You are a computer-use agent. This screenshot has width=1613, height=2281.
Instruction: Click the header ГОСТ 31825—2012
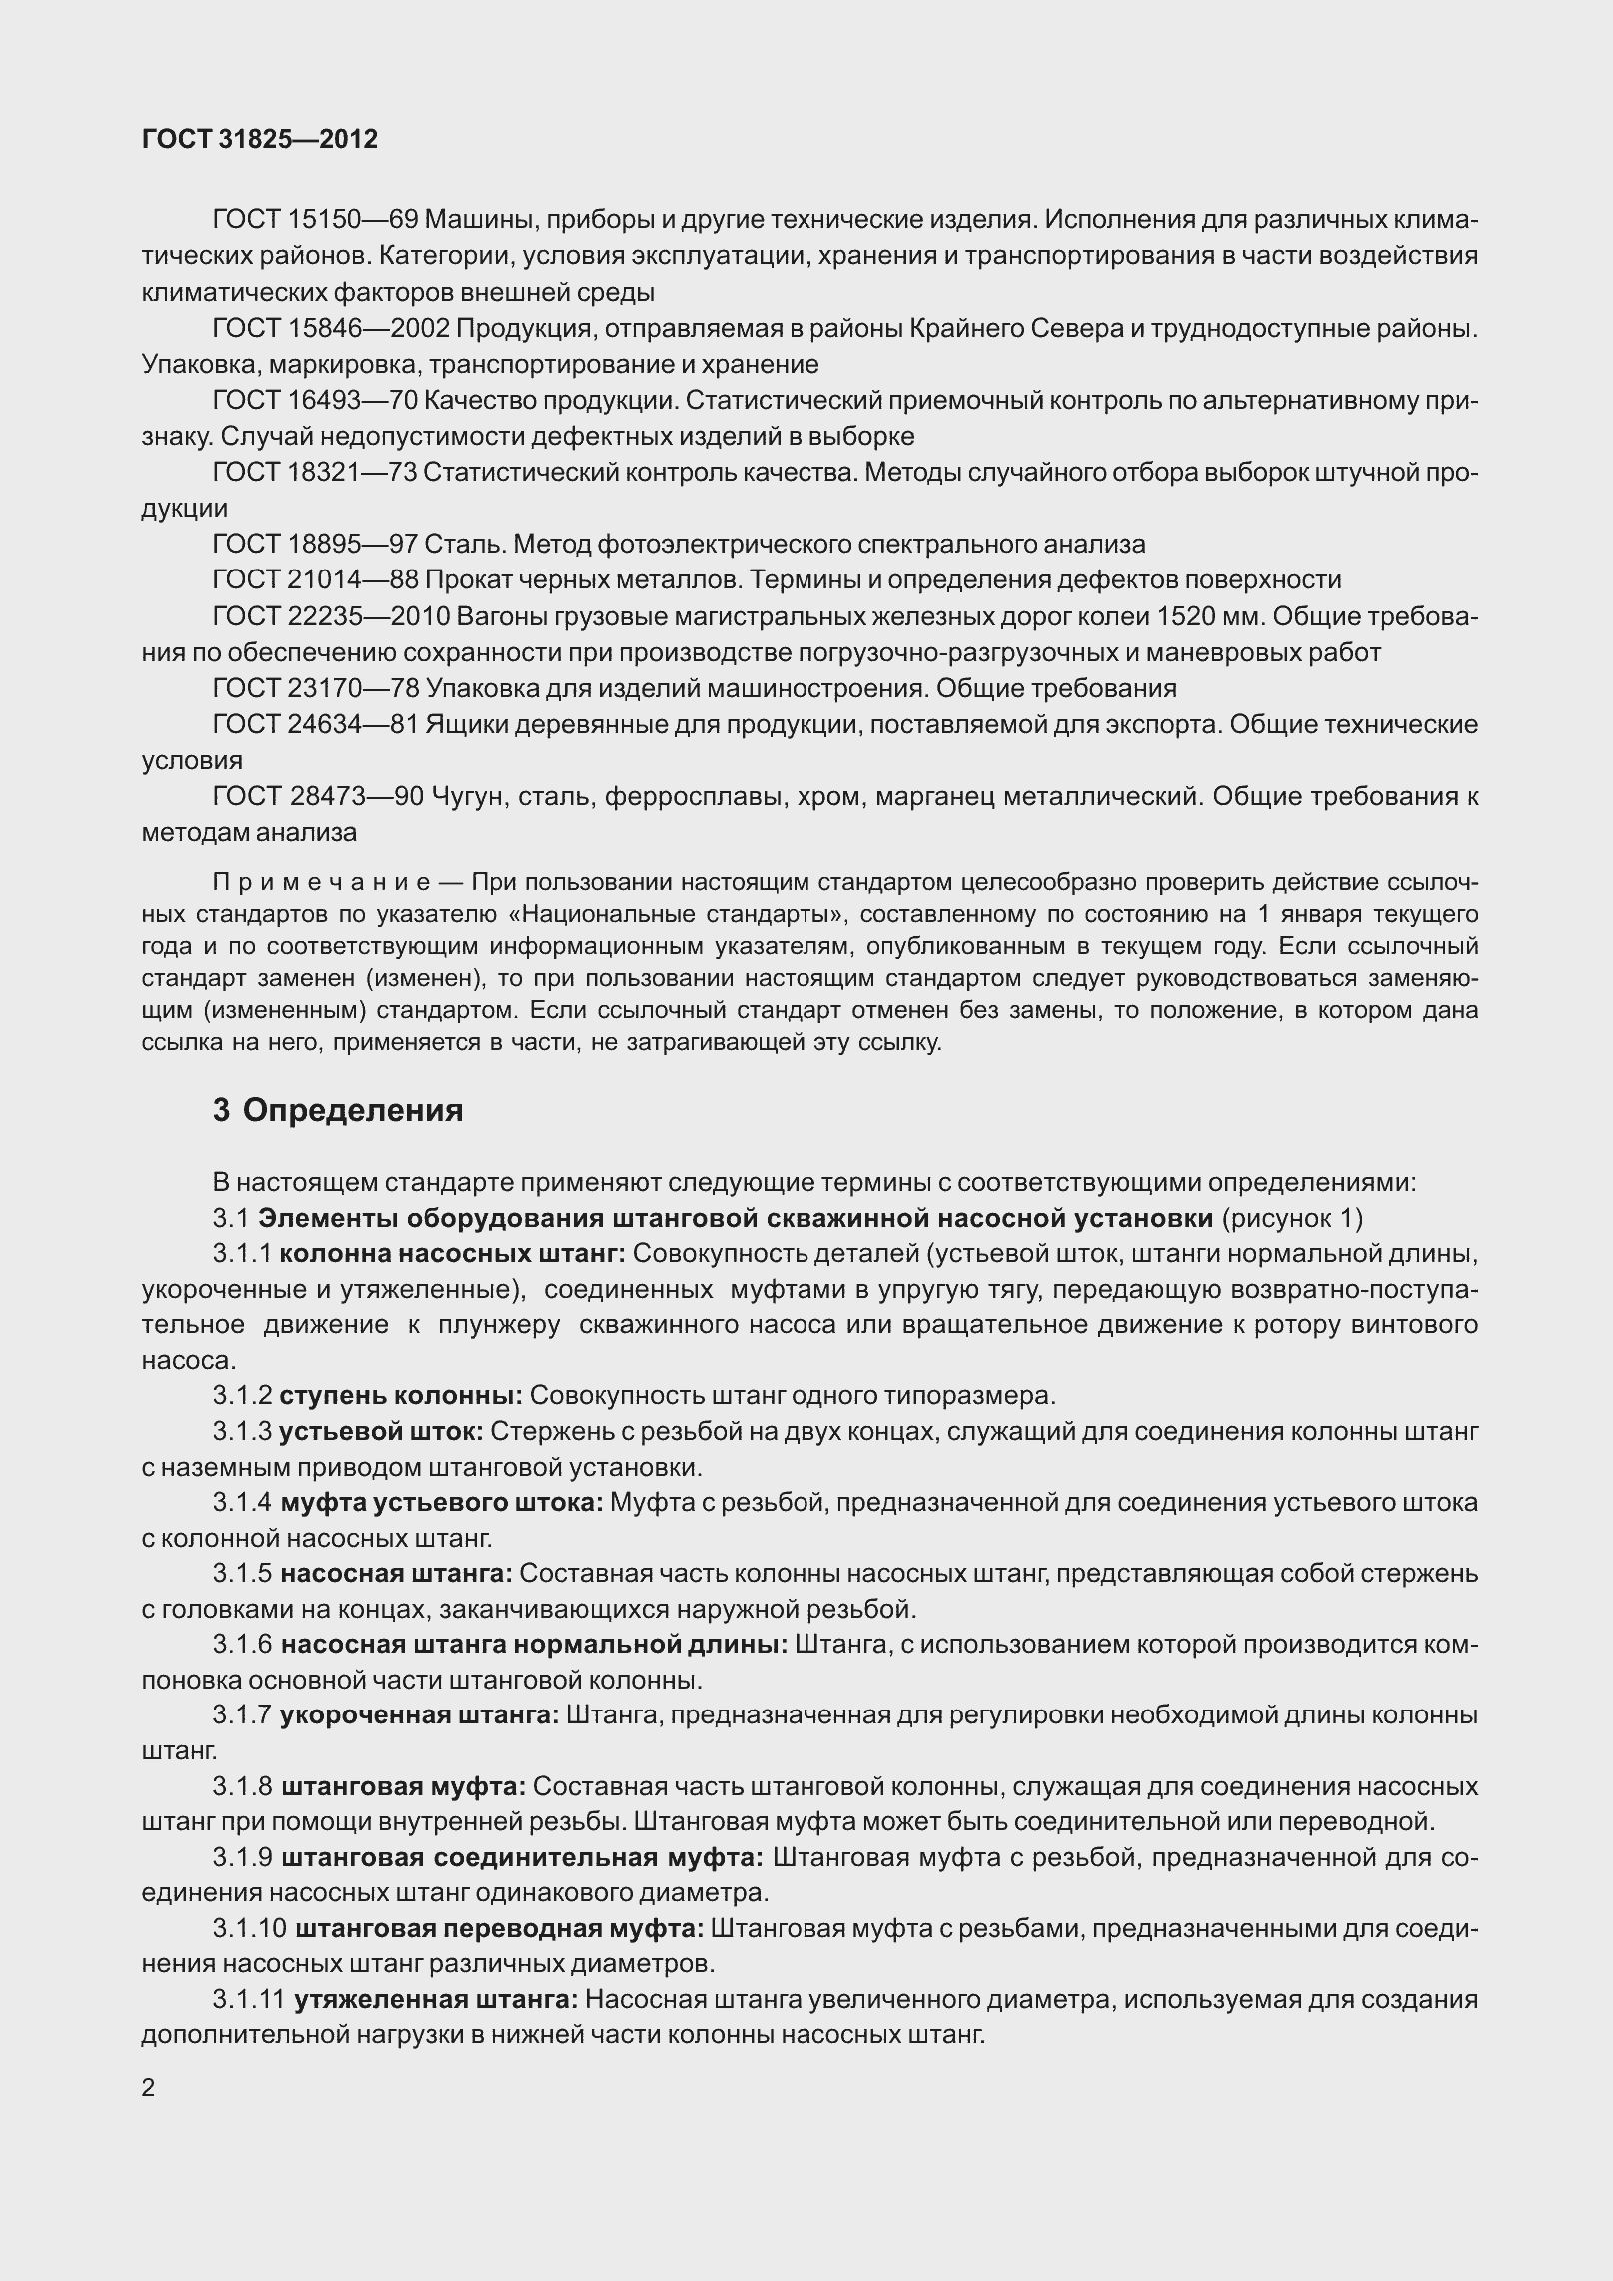(x=260, y=140)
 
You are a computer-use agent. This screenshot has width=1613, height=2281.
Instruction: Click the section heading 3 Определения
(x=338, y=1110)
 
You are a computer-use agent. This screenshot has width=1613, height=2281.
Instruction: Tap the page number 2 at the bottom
(x=149, y=2089)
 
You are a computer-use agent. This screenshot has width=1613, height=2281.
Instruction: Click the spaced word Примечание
(x=321, y=882)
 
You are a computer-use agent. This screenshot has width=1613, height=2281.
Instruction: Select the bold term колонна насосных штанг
(x=452, y=1253)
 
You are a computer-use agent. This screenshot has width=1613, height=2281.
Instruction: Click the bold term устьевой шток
(x=382, y=1432)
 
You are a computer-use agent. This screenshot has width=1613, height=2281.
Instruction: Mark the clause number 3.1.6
(x=242, y=1645)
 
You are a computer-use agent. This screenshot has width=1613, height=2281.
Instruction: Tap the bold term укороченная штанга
(x=420, y=1715)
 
